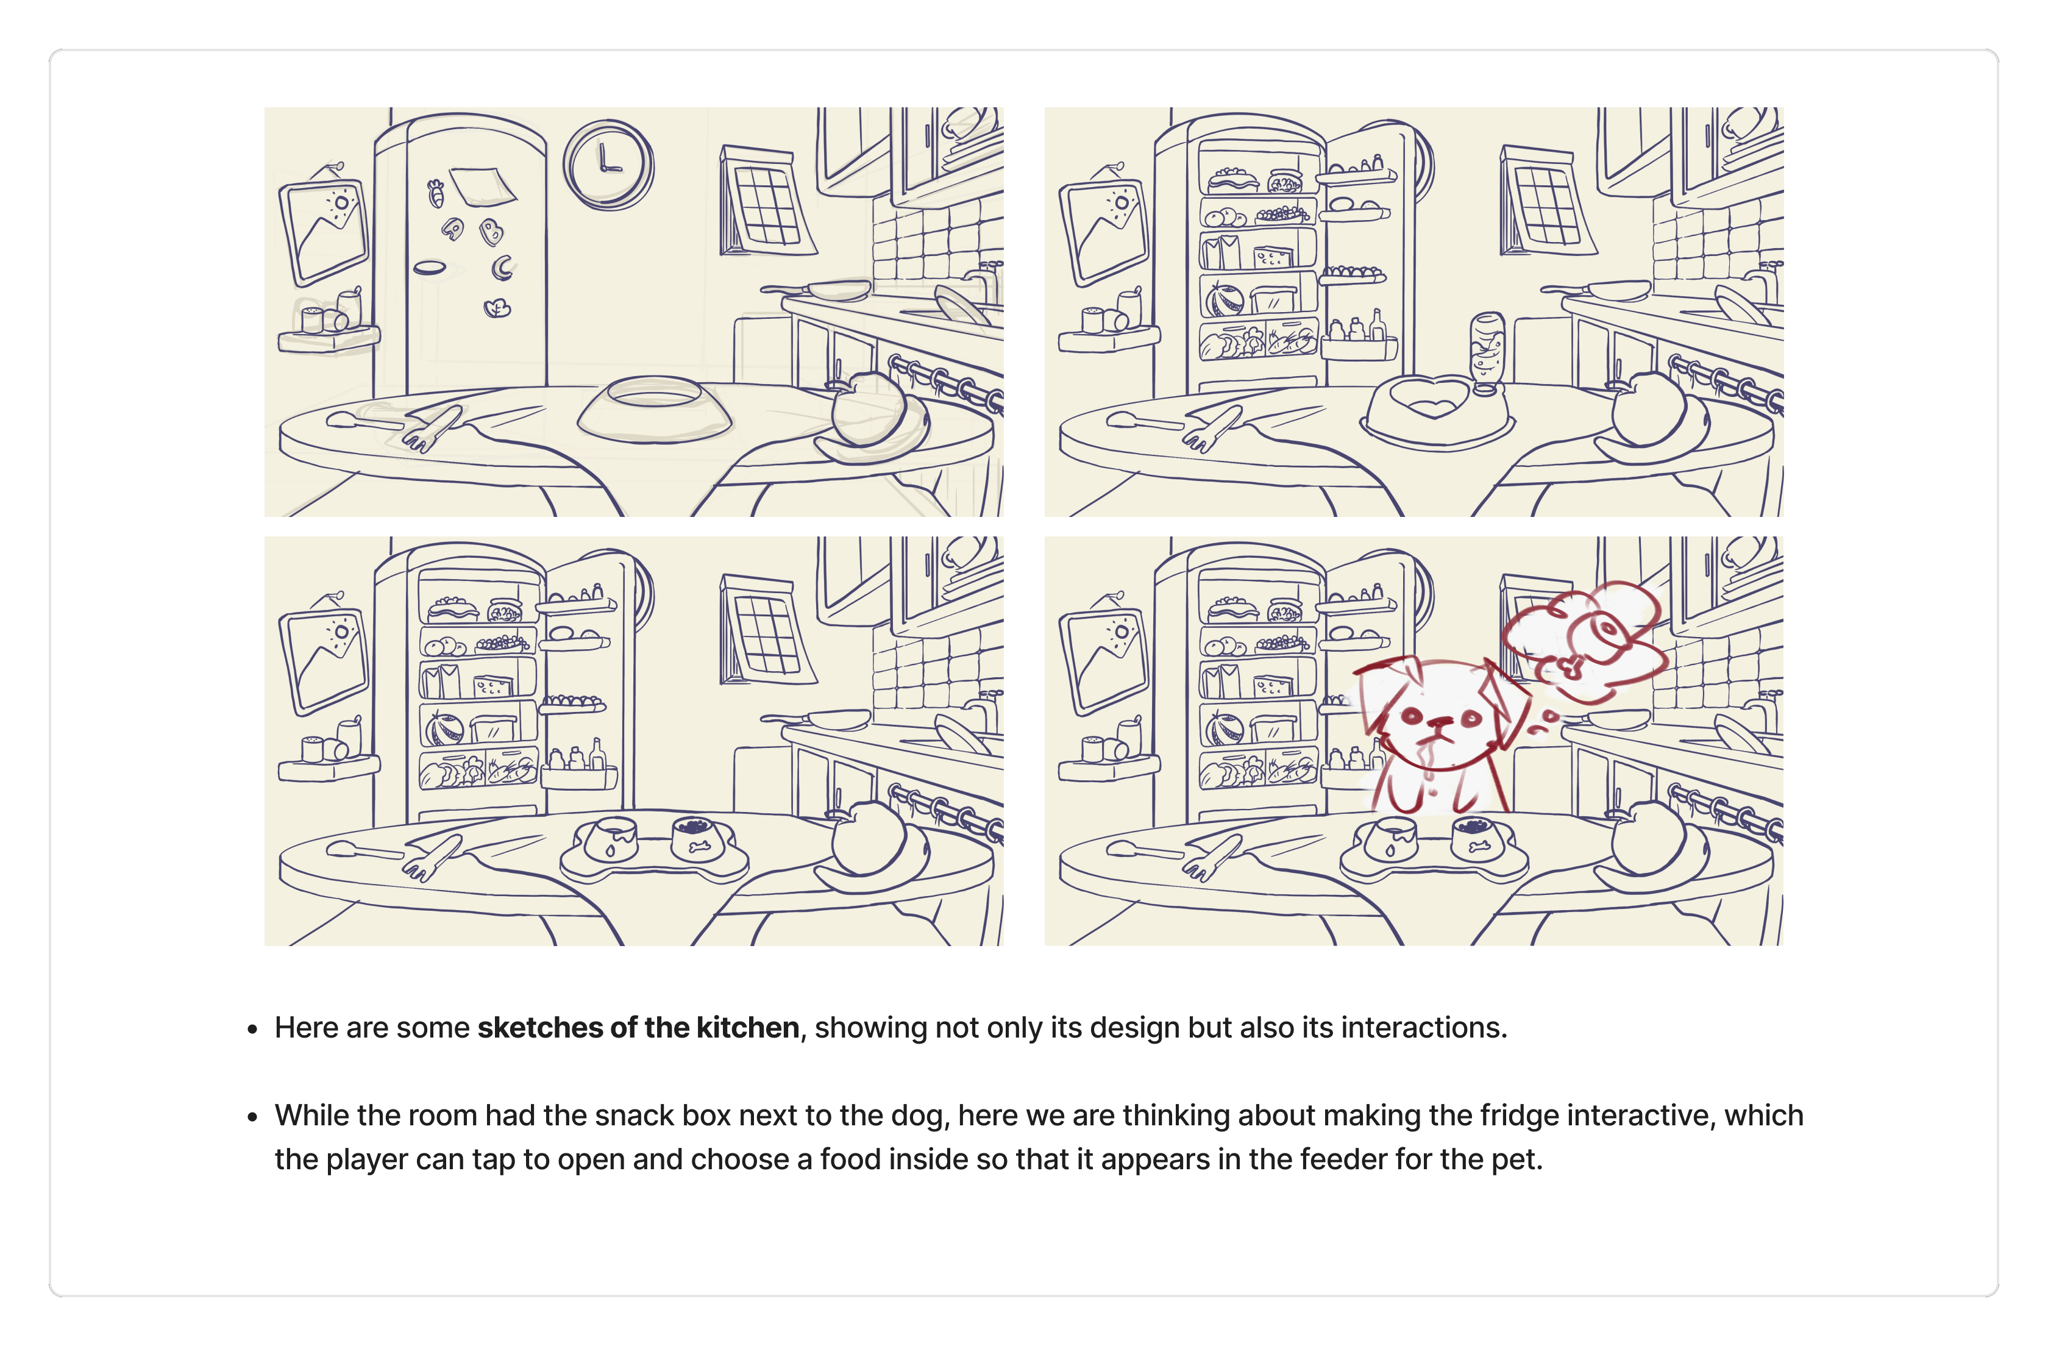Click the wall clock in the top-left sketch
608,165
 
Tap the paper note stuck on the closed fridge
483,186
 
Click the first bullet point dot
252,1029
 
